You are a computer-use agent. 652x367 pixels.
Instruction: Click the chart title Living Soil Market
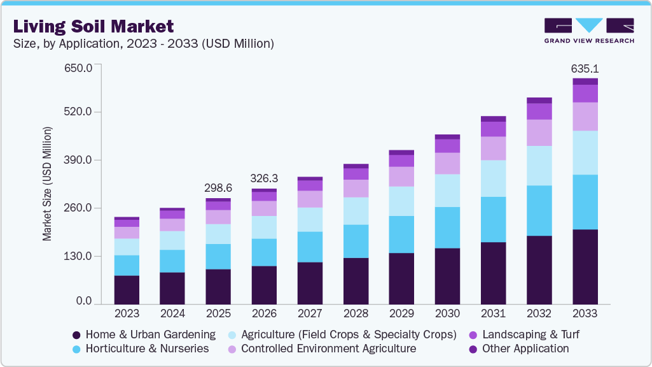pyautogui.click(x=93, y=27)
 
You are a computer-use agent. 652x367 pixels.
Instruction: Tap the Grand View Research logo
pyautogui.click(x=588, y=31)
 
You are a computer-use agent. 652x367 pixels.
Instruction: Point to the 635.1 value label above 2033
pyautogui.click(x=585, y=69)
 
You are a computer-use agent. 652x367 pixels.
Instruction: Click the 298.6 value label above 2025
pyautogui.click(x=218, y=189)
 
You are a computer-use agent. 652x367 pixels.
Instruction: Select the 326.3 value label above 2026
pyautogui.click(x=264, y=178)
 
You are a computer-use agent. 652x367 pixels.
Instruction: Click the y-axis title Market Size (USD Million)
pyautogui.click(x=47, y=183)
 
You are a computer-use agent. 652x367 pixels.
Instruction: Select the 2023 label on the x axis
pyautogui.click(x=127, y=313)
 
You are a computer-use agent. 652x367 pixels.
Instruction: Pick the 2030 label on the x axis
pyautogui.click(x=447, y=313)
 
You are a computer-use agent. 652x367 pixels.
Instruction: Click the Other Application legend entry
pyautogui.click(x=518, y=349)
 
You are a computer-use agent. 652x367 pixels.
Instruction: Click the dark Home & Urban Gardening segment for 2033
pyautogui.click(x=585, y=266)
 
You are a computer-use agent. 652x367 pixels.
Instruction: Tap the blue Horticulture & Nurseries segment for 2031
pyautogui.click(x=493, y=219)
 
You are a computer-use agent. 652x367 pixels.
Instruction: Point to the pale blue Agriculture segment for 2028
pyautogui.click(x=356, y=210)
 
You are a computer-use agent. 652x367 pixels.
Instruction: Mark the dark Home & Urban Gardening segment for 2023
pyautogui.click(x=127, y=289)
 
